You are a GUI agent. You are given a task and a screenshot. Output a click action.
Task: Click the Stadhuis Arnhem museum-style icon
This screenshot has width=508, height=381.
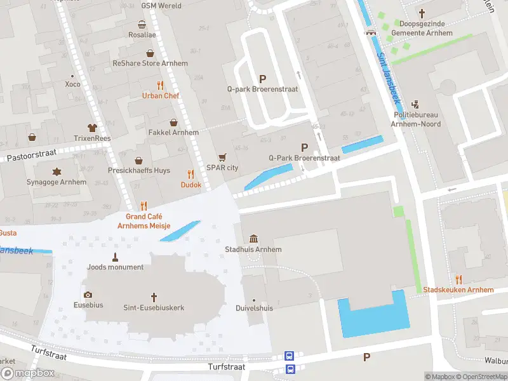click(x=254, y=239)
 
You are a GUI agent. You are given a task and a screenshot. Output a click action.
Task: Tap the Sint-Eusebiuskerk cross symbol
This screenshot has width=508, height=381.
click(x=154, y=297)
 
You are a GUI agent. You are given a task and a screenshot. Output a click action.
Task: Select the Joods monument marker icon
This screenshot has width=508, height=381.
click(x=116, y=257)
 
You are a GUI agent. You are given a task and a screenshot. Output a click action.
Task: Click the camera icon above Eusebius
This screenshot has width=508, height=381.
click(x=88, y=295)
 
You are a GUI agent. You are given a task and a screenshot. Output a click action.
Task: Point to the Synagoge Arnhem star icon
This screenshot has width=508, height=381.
click(x=57, y=171)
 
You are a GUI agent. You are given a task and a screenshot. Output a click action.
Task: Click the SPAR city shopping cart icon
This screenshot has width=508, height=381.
click(x=222, y=157)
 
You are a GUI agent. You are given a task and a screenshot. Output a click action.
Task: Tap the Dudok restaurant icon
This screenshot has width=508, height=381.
click(x=190, y=174)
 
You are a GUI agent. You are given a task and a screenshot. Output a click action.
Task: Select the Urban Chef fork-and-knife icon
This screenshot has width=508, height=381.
click(x=161, y=85)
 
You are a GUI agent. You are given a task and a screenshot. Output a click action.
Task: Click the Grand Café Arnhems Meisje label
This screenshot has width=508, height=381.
click(x=144, y=221)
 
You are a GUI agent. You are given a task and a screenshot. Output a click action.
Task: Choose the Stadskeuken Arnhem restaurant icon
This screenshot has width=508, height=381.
click(x=458, y=279)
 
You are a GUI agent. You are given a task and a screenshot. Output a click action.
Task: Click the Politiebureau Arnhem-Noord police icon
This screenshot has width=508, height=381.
click(x=416, y=104)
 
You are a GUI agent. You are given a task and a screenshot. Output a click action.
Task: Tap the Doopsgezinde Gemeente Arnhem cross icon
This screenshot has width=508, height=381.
click(x=422, y=13)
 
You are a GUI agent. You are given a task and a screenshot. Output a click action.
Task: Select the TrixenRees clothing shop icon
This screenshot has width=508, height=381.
click(x=92, y=128)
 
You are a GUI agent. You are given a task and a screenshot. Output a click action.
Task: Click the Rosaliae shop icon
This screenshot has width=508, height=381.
click(x=142, y=25)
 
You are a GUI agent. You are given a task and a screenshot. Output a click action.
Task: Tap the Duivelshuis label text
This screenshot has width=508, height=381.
click(x=254, y=308)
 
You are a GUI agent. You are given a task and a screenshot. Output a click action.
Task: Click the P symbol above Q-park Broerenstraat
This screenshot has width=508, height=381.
click(x=262, y=79)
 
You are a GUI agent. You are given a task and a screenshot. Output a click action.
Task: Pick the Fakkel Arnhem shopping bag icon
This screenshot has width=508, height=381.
click(x=173, y=122)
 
